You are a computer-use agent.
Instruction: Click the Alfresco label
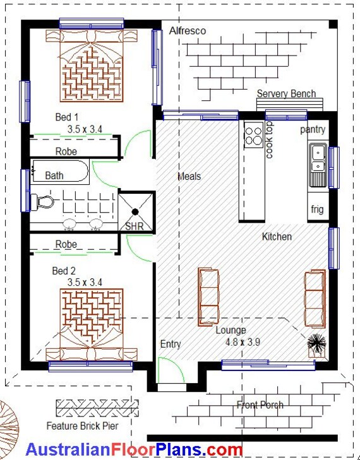click(188, 31)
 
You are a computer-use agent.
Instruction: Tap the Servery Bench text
click(286, 93)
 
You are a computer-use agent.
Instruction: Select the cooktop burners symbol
click(254, 135)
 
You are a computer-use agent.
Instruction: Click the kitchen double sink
click(318, 158)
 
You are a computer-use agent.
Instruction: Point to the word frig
click(317, 209)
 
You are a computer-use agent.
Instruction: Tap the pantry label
click(313, 129)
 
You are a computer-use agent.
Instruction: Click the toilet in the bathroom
click(42, 202)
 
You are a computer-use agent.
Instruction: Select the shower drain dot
click(135, 211)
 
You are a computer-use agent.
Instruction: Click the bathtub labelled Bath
click(60, 172)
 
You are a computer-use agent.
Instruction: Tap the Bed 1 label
click(67, 117)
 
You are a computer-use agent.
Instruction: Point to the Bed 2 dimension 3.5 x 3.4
click(85, 282)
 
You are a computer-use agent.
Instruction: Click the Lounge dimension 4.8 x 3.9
click(243, 342)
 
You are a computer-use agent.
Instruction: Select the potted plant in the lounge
click(316, 345)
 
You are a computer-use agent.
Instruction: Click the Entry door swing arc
click(176, 365)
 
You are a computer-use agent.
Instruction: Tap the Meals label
click(189, 176)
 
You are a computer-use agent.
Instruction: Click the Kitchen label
click(277, 237)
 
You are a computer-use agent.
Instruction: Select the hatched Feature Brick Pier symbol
click(97, 408)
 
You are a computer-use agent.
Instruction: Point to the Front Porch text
click(260, 405)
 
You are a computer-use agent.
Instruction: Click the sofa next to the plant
click(315, 298)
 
